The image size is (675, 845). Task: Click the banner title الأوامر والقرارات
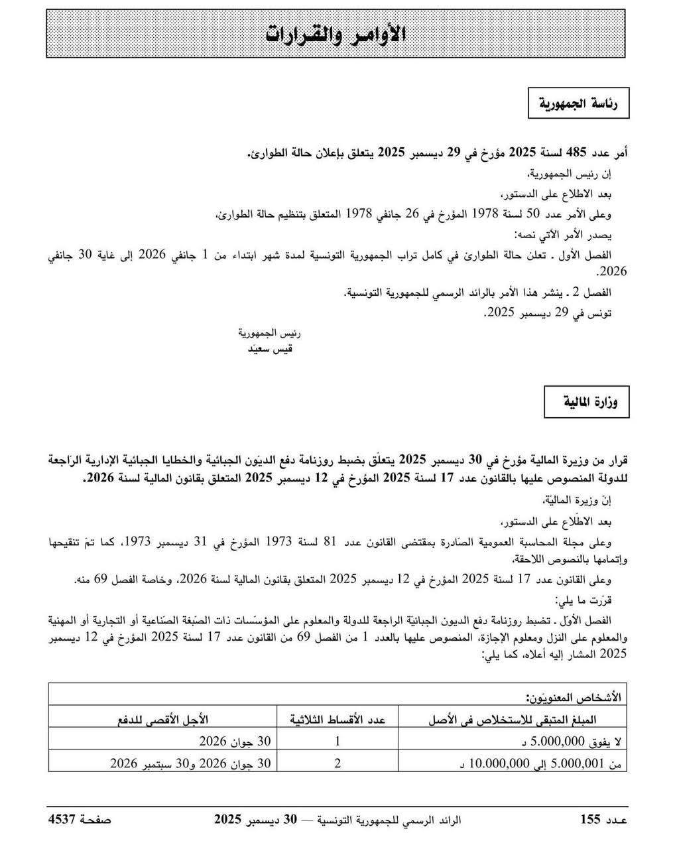pyautogui.click(x=336, y=34)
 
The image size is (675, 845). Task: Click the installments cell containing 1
pyautogui.click(x=337, y=741)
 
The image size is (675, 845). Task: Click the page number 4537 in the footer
pyautogui.click(x=62, y=820)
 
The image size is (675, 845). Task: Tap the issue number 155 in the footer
pyautogui.click(x=589, y=820)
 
